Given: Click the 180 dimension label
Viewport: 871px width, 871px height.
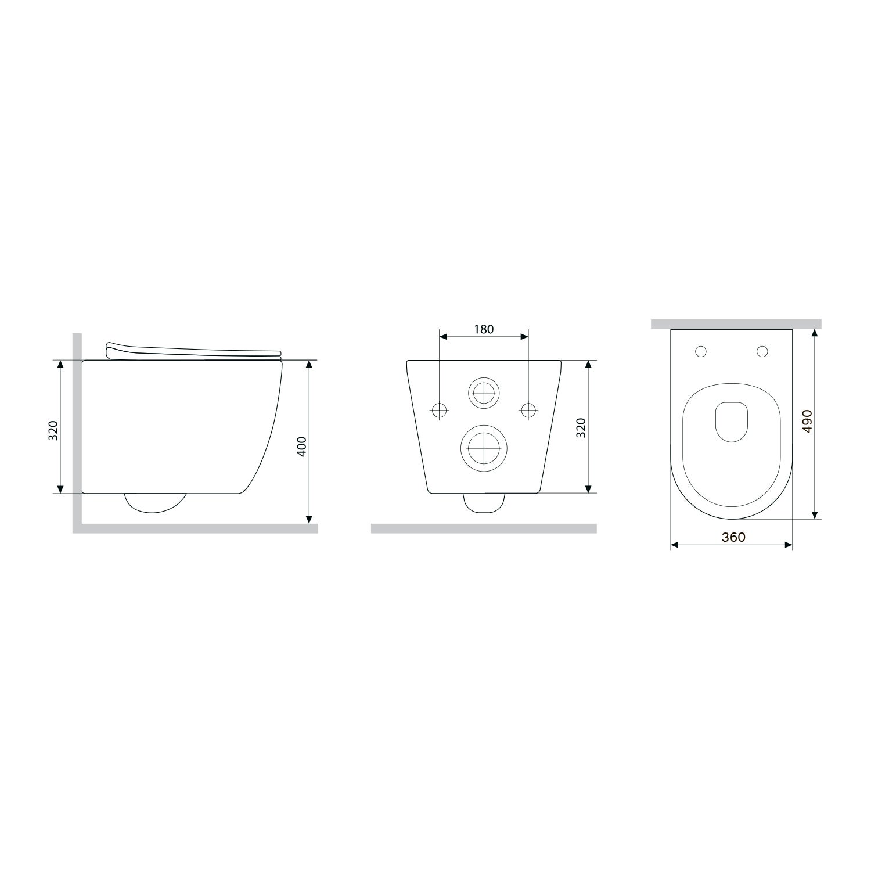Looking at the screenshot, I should (484, 329).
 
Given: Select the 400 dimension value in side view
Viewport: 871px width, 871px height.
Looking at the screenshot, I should (301, 445).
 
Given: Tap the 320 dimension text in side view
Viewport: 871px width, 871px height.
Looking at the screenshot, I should (53, 430).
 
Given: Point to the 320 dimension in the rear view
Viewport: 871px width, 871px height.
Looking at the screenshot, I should (581, 427).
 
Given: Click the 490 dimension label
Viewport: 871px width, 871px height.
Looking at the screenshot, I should (807, 421).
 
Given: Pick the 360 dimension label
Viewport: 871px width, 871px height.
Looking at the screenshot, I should (733, 537).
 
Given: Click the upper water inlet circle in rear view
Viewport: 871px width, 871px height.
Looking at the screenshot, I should (484, 394).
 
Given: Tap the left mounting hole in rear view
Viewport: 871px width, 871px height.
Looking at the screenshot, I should (440, 409).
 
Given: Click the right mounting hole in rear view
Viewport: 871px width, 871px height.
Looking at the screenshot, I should (528, 409).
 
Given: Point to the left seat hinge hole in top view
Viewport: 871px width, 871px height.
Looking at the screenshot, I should (701, 351).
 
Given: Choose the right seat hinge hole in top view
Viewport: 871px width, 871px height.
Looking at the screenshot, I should (762, 351).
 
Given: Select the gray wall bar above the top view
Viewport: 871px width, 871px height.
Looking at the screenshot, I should (736, 324).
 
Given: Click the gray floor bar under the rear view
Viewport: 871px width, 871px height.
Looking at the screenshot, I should (484, 528).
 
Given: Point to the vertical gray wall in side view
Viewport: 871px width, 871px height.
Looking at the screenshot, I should (77, 430).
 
